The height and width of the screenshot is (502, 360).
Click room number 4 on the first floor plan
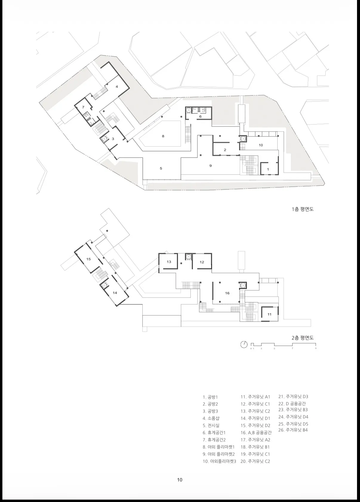coord(117,87)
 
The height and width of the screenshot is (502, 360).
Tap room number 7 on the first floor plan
coord(83,107)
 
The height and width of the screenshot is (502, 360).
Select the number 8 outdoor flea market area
coord(163,136)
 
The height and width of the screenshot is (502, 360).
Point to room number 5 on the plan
coord(161,168)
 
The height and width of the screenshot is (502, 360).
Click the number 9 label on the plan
coord(210,166)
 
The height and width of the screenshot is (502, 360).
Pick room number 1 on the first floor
coord(268,170)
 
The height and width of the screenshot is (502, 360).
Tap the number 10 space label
coord(261,145)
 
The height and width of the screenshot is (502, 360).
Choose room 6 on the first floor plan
coord(200,116)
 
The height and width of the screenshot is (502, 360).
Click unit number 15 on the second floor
coord(89,259)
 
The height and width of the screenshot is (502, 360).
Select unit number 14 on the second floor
coord(115,293)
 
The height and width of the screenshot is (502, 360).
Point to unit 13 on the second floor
coord(169,261)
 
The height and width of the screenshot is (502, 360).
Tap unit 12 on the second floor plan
coord(202,262)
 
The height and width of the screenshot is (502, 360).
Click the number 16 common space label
coord(227,293)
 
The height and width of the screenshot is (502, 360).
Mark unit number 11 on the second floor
coord(270,315)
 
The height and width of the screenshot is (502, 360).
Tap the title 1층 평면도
coord(303,209)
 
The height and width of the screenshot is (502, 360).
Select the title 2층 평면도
coord(303,338)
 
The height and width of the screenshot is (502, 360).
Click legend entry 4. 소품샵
coord(211,418)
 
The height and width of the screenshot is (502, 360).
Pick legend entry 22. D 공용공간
coord(292,404)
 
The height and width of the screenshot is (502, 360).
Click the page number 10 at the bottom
coord(180,480)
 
